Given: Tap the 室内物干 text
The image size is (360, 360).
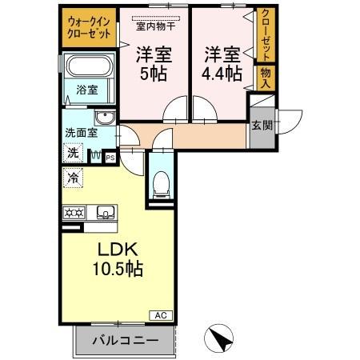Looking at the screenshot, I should (156, 25).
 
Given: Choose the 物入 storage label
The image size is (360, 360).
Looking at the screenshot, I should (265, 78).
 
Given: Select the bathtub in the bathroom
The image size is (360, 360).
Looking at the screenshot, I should (88, 68).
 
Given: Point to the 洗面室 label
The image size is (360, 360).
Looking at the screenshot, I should (80, 134).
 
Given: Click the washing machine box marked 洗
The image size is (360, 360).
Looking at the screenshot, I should (73, 152).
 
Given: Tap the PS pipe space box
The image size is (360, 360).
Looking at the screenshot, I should (110, 158).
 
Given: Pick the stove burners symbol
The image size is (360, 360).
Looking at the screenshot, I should (74, 213).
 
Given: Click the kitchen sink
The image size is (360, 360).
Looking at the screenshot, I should (105, 213).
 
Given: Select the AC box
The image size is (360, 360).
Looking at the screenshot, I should (160, 314).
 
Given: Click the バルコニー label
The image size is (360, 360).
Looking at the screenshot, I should (124, 341).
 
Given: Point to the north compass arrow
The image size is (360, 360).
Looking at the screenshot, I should (217, 338).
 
